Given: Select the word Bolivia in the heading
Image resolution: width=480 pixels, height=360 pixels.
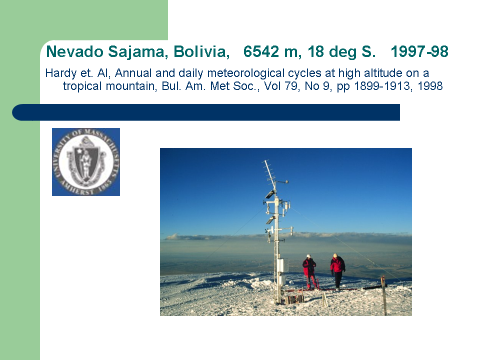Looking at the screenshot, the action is click(201, 51).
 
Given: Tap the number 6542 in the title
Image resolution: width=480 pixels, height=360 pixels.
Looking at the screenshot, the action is click(261, 51).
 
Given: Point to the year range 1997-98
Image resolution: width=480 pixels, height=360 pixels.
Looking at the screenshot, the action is click(419, 51).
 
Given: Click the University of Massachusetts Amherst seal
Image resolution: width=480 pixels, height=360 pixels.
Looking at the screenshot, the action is click(86, 162).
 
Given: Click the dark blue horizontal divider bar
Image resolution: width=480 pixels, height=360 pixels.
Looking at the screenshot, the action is click(206, 112).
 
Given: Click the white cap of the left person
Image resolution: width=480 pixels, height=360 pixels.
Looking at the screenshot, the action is click(308, 256).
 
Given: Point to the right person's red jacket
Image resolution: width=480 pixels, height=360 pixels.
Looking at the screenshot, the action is click(337, 264).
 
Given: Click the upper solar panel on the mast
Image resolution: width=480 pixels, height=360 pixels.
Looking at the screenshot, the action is click(269, 194).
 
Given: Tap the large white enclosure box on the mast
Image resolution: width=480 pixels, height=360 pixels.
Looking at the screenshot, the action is click(280, 265).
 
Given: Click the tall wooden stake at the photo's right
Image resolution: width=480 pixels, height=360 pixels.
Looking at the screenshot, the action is click(383, 295).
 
